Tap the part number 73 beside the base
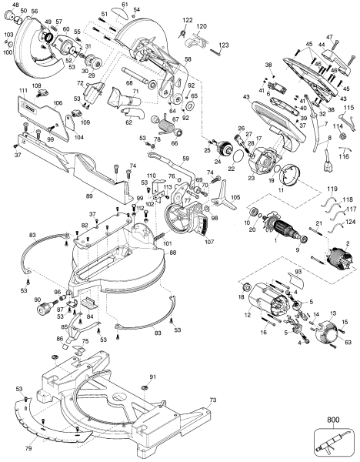(x=213, y=401)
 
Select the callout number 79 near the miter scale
(x=29, y=447)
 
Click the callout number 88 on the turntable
(x=173, y=253)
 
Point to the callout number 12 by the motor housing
(x=248, y=313)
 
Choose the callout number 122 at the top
(x=188, y=19)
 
